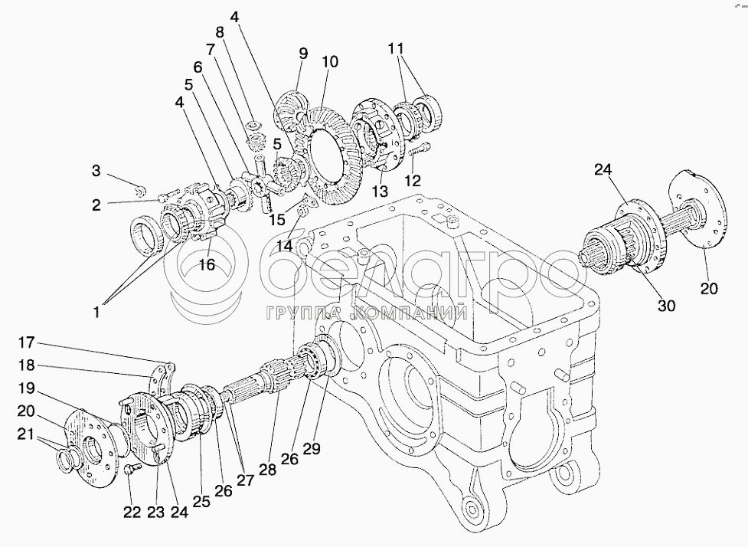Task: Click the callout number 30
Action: pyautogui.click(x=666, y=306)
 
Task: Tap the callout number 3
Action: pyautogui.click(x=96, y=171)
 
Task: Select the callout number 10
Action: pyautogui.click(x=330, y=62)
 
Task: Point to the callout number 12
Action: pyautogui.click(x=413, y=181)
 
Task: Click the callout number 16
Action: pyautogui.click(x=207, y=264)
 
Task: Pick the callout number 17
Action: pyautogui.click(x=27, y=342)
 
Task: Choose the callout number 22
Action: pyautogui.click(x=132, y=513)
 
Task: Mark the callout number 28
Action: pyautogui.click(x=267, y=470)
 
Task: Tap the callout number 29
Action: pyautogui.click(x=311, y=449)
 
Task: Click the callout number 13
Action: pyautogui.click(x=381, y=192)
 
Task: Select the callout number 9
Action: pyautogui.click(x=303, y=53)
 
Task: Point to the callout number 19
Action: pyautogui.click(x=27, y=388)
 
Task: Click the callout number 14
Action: pyautogui.click(x=286, y=246)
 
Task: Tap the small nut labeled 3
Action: pyautogui.click(x=140, y=192)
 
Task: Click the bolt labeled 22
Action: pyautogui.click(x=130, y=470)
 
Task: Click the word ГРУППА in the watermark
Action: pyautogui.click(x=303, y=313)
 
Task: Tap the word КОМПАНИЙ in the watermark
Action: pyautogui.click(x=410, y=313)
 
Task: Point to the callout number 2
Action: pyautogui.click(x=96, y=205)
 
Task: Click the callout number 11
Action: pyautogui.click(x=396, y=49)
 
